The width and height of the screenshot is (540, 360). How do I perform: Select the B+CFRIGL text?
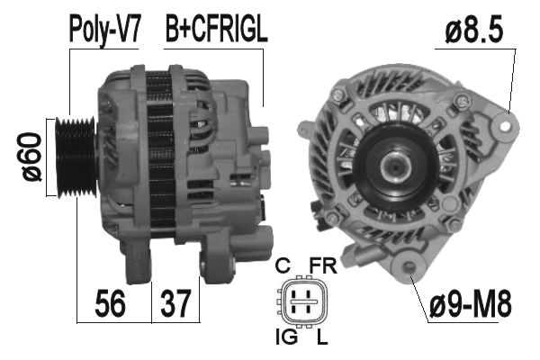216,29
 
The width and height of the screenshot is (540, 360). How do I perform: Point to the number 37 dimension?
175,303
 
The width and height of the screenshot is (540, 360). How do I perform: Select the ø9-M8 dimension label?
469,303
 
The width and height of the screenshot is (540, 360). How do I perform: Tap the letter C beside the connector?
282,266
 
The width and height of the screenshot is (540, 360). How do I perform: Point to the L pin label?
320,338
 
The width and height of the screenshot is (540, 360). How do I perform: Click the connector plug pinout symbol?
302,302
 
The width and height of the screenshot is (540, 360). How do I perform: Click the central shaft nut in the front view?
393,167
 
